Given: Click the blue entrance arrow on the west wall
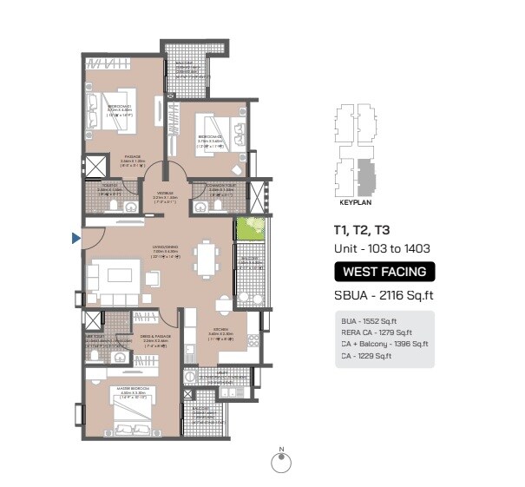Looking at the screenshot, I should coord(76,237).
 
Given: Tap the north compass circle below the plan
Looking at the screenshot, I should coord(281,464).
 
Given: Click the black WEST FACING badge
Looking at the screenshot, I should coord(384,272).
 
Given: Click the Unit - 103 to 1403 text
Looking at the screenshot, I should coord(382,249).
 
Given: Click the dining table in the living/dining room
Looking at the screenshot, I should coord(206,258).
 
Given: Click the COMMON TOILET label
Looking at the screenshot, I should coord(213,186).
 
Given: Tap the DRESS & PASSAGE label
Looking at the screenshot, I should coord(157,336).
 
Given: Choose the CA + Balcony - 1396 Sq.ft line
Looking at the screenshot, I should coord(384,344).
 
